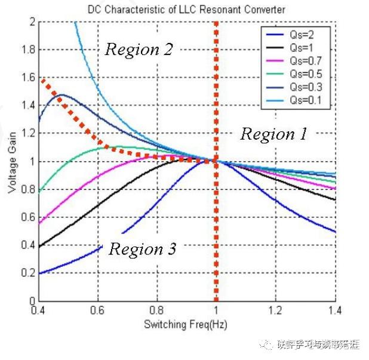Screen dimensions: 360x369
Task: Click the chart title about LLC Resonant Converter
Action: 186,10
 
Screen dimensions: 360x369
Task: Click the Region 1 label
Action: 273,134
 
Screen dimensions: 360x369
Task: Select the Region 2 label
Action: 139,50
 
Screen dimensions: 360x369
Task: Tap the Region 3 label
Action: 142,249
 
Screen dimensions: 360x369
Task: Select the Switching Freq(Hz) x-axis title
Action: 185,325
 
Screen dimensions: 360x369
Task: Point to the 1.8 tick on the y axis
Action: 27,50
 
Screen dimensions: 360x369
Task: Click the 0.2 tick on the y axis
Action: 27,274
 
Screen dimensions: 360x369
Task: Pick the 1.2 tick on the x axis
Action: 275,311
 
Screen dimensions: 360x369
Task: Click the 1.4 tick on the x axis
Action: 334,311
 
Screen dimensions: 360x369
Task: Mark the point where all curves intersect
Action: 216,161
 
